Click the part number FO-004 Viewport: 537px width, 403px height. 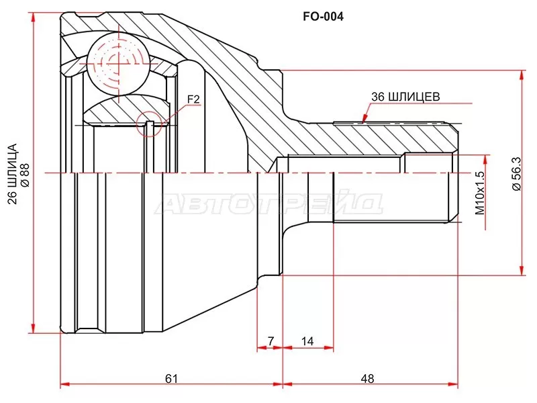[x=323, y=16]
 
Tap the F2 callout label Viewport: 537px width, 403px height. [x=193, y=99]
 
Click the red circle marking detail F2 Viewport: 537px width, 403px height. [x=149, y=124]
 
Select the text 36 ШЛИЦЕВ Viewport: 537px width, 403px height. [x=405, y=97]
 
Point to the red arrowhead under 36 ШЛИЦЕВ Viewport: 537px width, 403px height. [x=364, y=118]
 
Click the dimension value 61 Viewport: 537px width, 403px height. [x=171, y=378]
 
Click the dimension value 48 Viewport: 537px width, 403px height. [x=367, y=378]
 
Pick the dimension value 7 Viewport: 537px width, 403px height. [x=271, y=341]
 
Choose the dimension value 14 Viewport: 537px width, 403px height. [x=307, y=341]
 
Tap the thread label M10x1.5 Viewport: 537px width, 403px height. [x=480, y=193]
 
